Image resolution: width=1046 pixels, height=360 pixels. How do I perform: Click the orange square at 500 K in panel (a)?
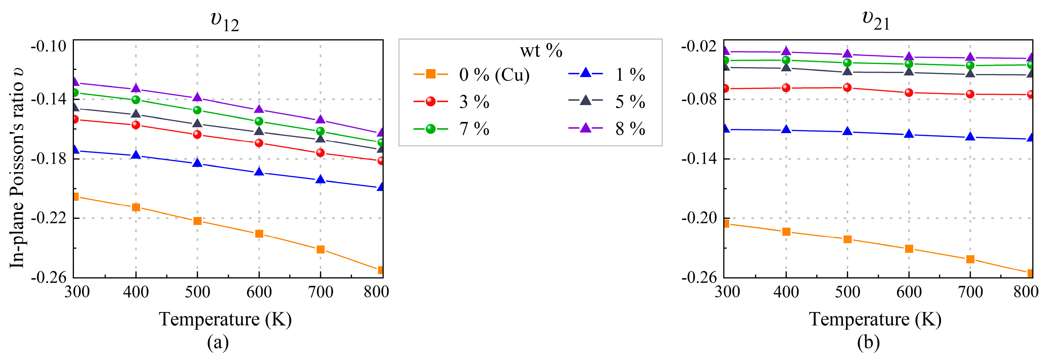coord(197,221)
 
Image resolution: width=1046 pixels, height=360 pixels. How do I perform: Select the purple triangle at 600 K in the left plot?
coord(259,109)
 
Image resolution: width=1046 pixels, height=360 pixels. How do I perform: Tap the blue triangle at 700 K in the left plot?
coord(320,179)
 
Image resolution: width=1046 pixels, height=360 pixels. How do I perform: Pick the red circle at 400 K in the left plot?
coord(136,125)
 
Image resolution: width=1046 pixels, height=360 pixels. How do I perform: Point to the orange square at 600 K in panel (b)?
coord(909,249)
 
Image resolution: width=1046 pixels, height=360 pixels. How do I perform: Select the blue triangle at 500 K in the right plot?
coord(847,131)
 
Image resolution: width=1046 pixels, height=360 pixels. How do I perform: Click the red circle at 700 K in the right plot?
coord(970,94)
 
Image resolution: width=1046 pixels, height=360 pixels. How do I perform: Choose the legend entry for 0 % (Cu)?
coord(471,75)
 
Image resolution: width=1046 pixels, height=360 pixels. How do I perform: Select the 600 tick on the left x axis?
coord(259,292)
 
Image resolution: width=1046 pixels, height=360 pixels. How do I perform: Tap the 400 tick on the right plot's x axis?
coord(786,292)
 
